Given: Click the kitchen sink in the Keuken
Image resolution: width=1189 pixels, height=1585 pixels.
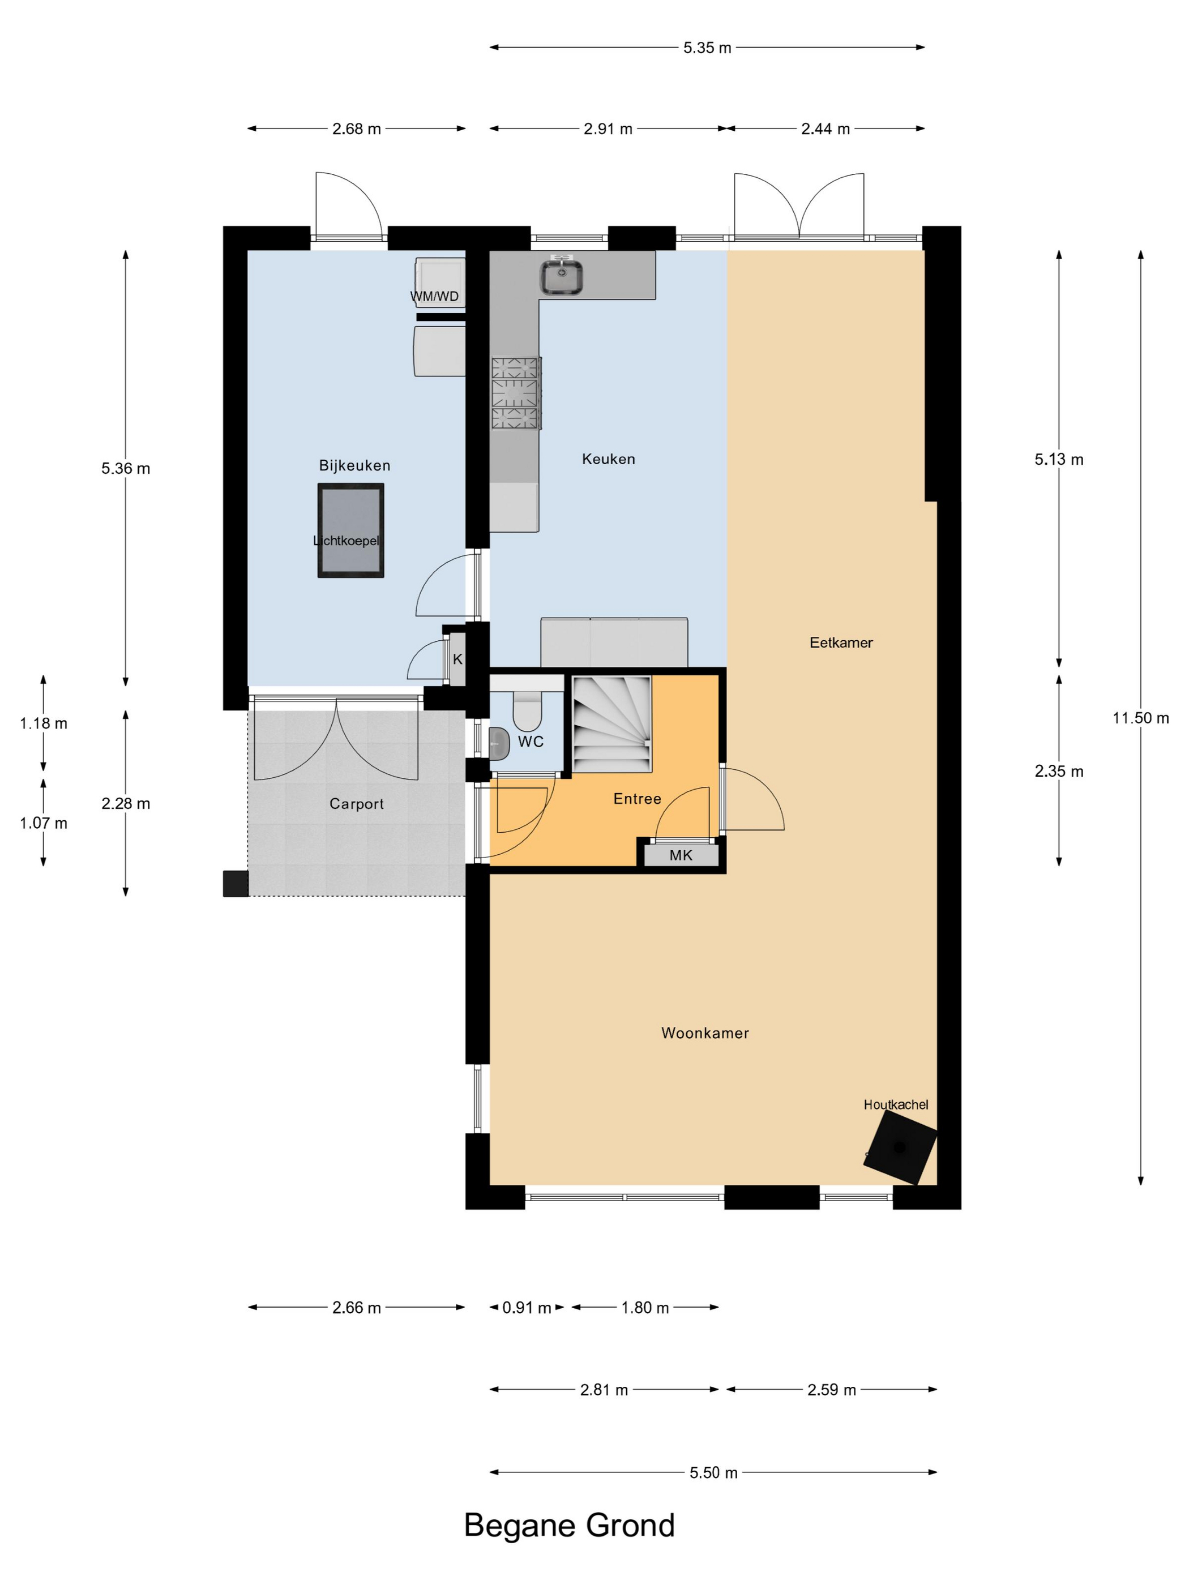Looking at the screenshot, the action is coord(561,277).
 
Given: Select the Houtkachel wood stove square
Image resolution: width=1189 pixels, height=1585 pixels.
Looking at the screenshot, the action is coord(900,1148).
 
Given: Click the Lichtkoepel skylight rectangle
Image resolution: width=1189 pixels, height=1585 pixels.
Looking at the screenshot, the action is coord(350,530).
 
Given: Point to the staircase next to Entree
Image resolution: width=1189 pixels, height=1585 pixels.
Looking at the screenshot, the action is coord(611,723).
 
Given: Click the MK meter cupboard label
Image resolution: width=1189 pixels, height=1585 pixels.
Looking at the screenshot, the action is coord(681,855).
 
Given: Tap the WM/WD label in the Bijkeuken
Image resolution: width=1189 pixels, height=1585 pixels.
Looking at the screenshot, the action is coord(434,297).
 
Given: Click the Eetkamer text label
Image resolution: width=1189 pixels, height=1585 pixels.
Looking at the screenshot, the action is coord(841,642).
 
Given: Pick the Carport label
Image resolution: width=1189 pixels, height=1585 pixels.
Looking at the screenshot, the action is coord(357,804).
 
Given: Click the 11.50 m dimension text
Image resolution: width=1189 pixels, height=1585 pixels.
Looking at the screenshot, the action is coord(1140,718).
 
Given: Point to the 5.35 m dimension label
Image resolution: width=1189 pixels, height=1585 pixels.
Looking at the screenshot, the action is coord(707,48).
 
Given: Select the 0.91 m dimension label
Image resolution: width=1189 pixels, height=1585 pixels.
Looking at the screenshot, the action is coord(527,1308).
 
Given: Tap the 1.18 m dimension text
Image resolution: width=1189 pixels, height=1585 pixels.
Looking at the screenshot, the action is coord(44,723).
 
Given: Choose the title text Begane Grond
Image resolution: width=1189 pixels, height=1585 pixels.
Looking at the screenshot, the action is coord(570,1526).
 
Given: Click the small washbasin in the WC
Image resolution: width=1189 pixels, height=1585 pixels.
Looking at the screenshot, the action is coord(499,744).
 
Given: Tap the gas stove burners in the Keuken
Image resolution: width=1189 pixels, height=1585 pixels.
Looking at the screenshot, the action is coord(516,393).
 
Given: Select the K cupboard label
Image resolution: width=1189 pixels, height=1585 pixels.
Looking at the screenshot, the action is coord(458,659).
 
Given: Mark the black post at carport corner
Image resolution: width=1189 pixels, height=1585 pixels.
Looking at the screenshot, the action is coord(236,884).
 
